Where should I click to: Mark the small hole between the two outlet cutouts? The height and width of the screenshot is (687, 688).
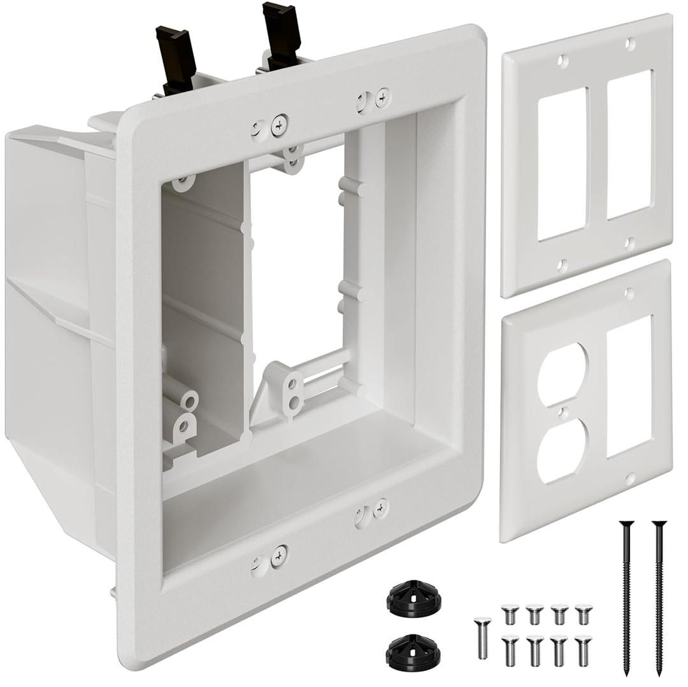(x=561, y=413)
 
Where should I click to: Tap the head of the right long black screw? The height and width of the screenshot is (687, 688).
(x=657, y=525)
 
